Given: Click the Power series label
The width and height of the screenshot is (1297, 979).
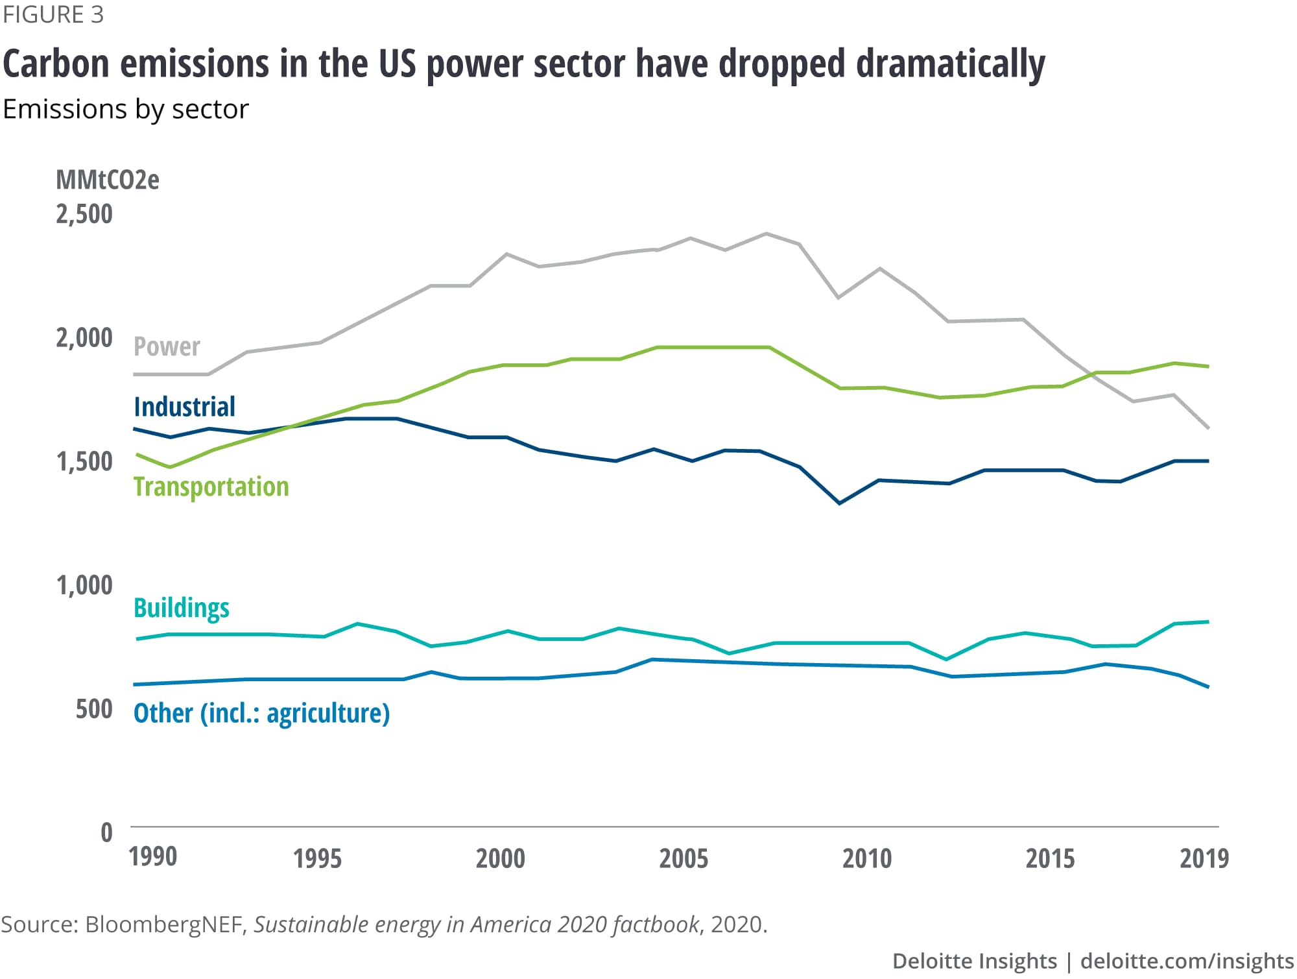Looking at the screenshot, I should (x=167, y=346).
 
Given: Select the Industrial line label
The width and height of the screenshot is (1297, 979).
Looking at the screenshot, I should (x=184, y=407).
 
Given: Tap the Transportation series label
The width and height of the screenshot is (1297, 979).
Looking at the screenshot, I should (x=211, y=487).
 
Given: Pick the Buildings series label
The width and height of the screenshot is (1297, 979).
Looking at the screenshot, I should (x=181, y=608).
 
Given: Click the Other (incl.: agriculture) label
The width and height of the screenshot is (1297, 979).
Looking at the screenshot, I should (x=261, y=713).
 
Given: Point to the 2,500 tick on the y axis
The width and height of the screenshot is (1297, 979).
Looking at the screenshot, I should (x=84, y=214).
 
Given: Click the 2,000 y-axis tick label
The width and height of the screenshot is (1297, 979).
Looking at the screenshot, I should (x=84, y=338).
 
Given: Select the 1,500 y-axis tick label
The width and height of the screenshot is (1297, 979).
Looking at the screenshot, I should (x=84, y=461).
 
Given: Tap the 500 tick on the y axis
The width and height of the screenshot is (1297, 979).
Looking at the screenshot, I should (x=94, y=708).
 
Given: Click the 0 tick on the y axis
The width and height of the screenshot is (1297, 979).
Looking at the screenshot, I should (x=106, y=832).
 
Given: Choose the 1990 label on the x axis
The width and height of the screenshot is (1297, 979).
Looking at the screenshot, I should (x=153, y=856).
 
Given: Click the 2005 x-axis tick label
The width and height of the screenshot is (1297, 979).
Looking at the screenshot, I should (x=684, y=858).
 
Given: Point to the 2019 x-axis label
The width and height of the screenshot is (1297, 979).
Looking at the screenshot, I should (x=1204, y=858).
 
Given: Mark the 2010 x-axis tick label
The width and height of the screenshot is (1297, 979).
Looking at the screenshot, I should (x=867, y=858).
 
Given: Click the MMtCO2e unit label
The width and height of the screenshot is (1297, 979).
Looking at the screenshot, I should (x=108, y=180).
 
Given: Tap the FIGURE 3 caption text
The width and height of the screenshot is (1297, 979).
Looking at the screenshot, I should (x=53, y=14).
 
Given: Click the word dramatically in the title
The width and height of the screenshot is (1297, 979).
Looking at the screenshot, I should (x=950, y=64).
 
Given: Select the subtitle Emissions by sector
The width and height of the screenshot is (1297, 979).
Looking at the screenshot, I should (x=126, y=109).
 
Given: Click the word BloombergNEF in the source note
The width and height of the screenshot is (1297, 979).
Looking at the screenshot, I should (x=165, y=924).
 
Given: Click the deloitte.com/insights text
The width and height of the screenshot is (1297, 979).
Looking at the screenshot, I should (x=1187, y=961).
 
